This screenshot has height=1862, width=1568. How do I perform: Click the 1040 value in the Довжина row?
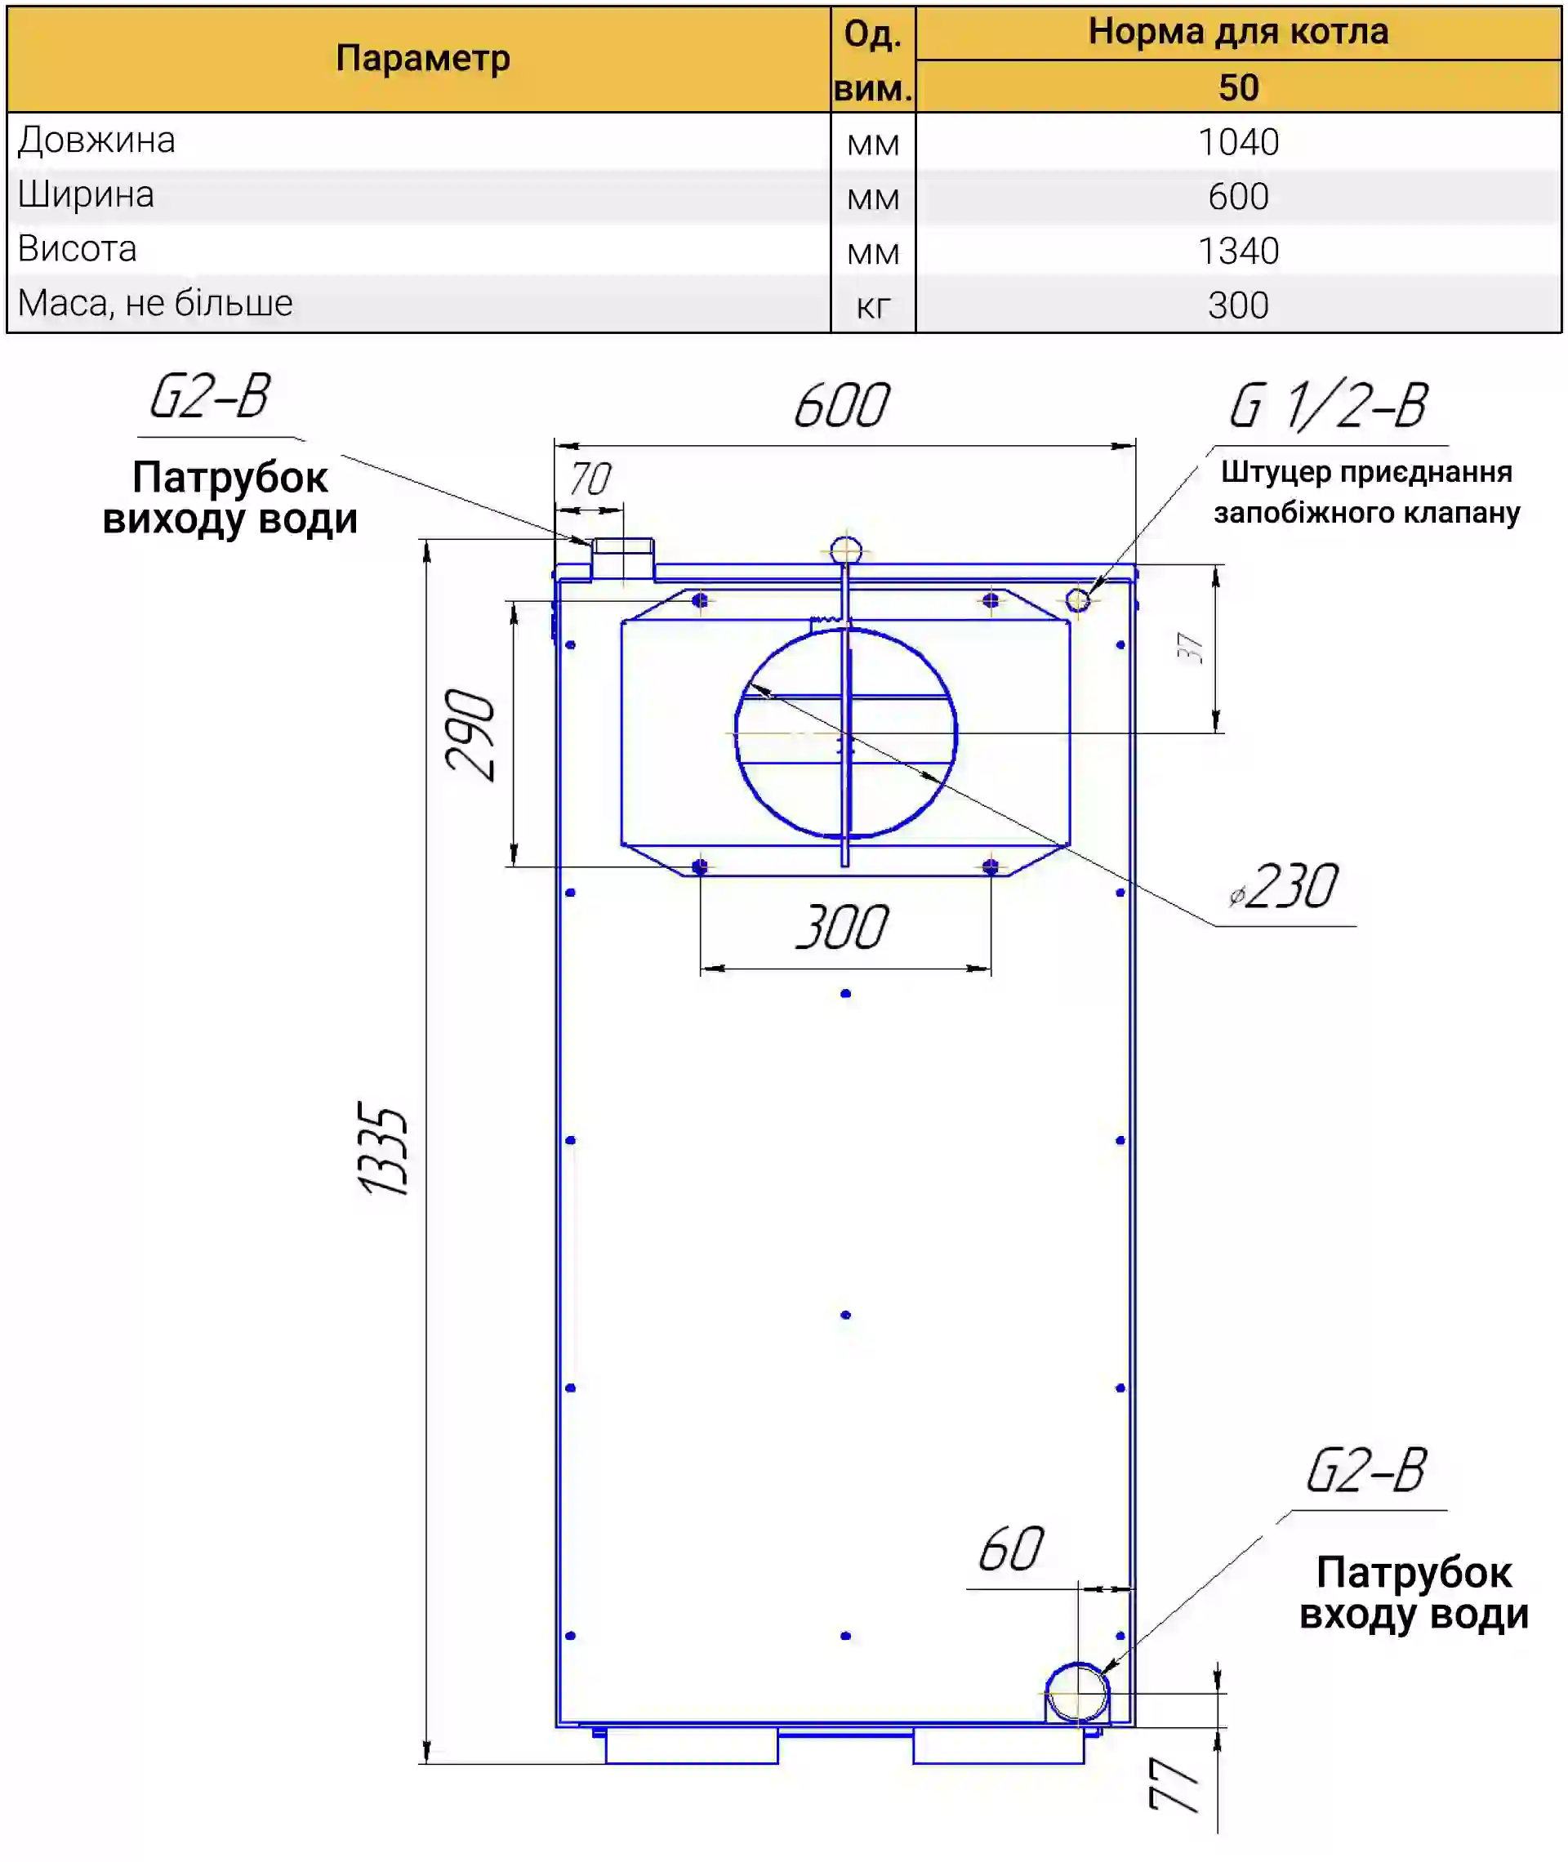(x=1238, y=142)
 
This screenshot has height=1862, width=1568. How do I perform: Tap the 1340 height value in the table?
(x=1238, y=252)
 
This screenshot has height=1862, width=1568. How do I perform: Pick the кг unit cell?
(x=873, y=306)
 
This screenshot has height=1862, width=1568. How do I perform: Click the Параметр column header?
(x=423, y=59)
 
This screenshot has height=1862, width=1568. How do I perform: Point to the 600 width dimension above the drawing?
(x=841, y=405)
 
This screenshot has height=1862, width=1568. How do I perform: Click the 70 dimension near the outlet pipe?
(x=590, y=479)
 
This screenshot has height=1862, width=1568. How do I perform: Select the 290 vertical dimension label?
(x=470, y=734)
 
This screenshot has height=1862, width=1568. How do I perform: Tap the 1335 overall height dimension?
(x=383, y=1148)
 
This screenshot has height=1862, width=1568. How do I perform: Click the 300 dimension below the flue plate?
(x=842, y=927)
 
